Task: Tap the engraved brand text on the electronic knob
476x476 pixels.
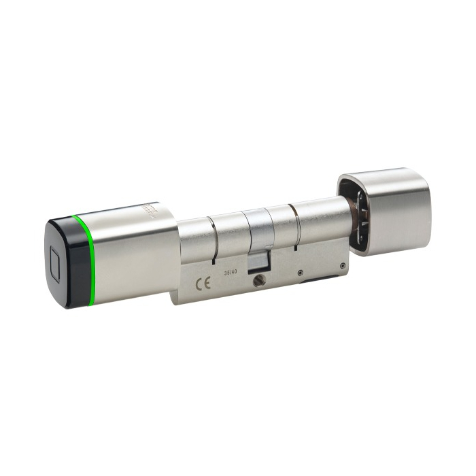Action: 151,211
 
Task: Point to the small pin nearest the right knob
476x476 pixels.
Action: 343,265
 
